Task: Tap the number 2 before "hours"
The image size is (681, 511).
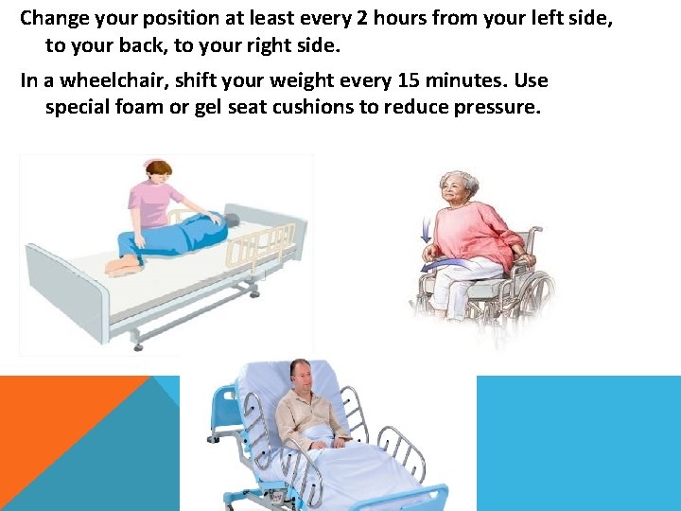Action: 358,18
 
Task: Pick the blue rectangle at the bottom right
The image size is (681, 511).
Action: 578,443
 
